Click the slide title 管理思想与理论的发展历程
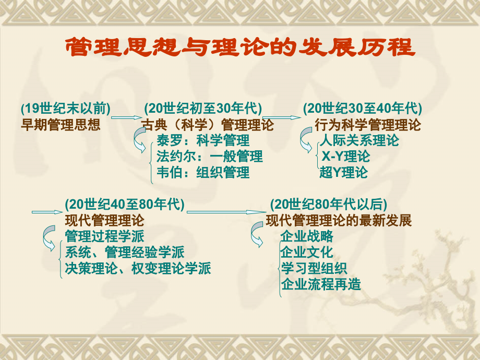[241, 47]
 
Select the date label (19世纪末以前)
[66, 109]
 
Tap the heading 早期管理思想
[61, 125]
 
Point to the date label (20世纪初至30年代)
[203, 109]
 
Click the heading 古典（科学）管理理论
[208, 125]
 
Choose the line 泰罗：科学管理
[203, 140]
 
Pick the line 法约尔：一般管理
[210, 157]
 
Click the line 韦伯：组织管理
[203, 172]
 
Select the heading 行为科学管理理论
[368, 125]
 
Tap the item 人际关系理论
[359, 140]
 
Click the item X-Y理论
[345, 157]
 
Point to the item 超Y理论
[343, 172]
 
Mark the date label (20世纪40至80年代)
[125, 204]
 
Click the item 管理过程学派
[104, 236]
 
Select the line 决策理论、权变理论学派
[138, 268]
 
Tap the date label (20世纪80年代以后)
[329, 204]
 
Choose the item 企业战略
[307, 236]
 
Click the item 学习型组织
[314, 268]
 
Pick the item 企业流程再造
[321, 284]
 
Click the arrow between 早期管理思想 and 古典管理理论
[126, 117]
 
